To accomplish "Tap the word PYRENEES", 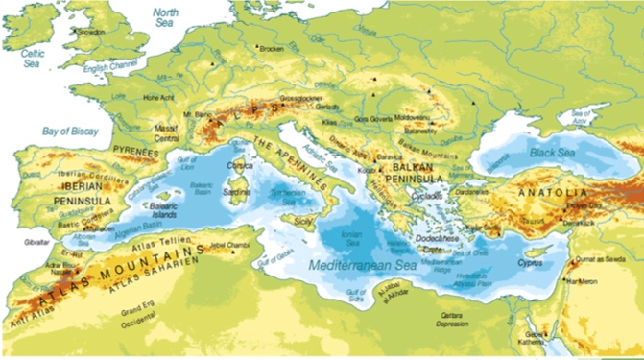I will coord(135,152).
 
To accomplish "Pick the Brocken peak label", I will coord(272,48).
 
